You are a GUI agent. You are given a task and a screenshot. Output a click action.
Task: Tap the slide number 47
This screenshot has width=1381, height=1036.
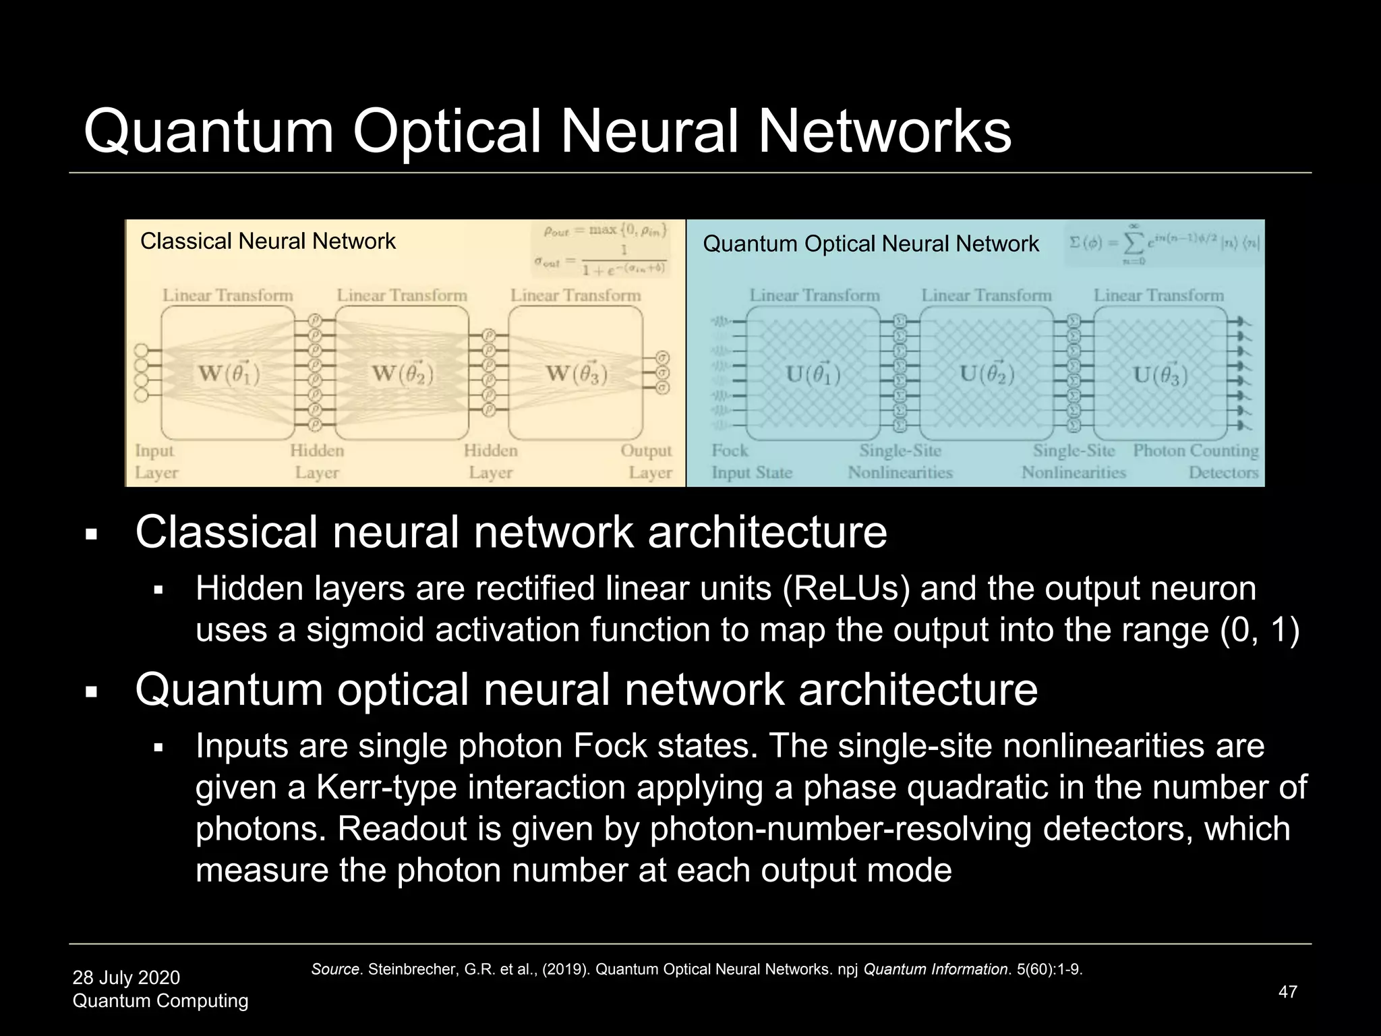pos(1287,991)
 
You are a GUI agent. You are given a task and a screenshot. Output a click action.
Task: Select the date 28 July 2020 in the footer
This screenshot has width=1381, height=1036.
pos(126,977)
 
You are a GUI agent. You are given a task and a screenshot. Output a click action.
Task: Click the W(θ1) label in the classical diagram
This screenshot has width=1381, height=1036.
pos(229,373)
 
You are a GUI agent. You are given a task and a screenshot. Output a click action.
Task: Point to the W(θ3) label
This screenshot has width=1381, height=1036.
pos(576,373)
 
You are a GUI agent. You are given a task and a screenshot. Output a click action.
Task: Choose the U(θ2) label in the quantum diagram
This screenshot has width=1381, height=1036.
pos(987,373)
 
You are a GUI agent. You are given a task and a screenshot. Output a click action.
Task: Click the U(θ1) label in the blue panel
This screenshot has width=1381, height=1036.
pos(814,373)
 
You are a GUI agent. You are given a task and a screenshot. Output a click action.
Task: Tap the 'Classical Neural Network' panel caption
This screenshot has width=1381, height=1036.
pos(268,241)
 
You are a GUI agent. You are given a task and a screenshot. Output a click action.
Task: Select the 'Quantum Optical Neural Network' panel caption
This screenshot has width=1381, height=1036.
pos(871,244)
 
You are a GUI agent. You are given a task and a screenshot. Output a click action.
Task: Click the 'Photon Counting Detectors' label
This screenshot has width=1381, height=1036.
pos(1196,461)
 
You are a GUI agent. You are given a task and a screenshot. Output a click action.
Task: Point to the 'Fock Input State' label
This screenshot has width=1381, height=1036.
pos(751,461)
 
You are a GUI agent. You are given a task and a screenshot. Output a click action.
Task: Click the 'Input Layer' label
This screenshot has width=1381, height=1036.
pos(155,461)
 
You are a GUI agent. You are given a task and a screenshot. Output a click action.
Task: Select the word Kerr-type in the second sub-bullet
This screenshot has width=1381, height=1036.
pos(378,787)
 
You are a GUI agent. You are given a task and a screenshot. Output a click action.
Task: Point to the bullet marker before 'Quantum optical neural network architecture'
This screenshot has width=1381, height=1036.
pos(92,692)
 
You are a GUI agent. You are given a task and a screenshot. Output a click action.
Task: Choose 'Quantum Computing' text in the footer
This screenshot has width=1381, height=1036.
pos(160,1001)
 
